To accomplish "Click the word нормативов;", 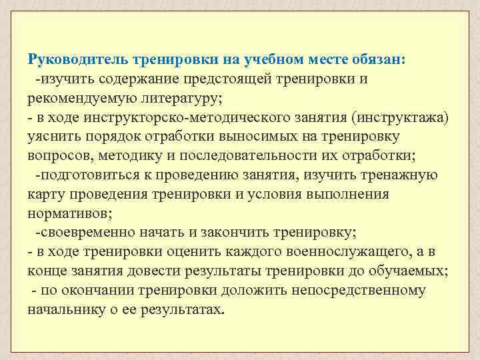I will coord(70,214).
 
